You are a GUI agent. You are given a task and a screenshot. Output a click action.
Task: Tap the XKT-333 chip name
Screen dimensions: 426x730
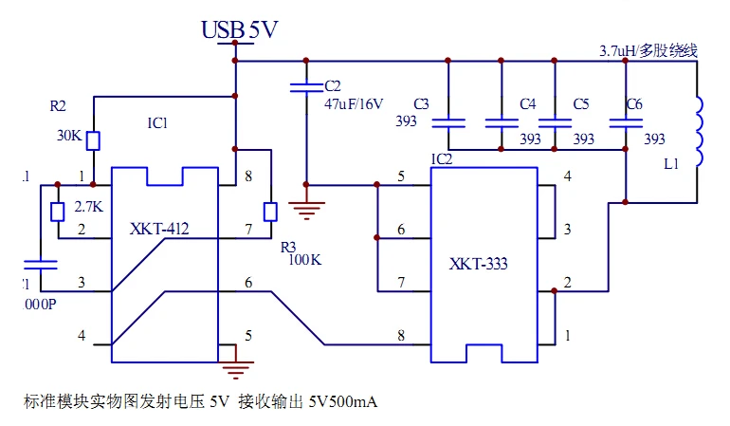pyautogui.click(x=479, y=264)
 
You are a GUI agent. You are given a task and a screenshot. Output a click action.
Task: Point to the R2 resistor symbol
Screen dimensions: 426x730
pyautogui.click(x=93, y=140)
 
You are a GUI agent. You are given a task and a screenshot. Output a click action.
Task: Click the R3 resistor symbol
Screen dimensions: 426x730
pyautogui.click(x=270, y=211)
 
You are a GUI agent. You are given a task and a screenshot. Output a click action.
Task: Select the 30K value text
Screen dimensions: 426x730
pyautogui.click(x=69, y=135)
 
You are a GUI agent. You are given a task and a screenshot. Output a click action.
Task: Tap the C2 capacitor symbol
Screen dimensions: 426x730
pyautogui.click(x=305, y=88)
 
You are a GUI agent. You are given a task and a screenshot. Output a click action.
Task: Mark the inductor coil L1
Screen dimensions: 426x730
pyautogui.click(x=700, y=132)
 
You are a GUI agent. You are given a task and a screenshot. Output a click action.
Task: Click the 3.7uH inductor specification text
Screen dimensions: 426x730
pyautogui.click(x=648, y=50)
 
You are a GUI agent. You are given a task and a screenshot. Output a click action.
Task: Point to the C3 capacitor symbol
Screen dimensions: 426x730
pyautogui.click(x=447, y=121)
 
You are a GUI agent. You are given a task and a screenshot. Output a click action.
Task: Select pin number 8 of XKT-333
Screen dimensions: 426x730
pyautogui.click(x=401, y=335)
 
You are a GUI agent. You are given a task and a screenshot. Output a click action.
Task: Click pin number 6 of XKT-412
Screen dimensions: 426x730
pyautogui.click(x=248, y=283)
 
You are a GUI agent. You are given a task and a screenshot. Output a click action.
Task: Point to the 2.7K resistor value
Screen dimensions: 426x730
pyautogui.click(x=89, y=206)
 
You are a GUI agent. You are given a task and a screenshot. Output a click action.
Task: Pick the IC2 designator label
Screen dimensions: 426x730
pyautogui.click(x=442, y=158)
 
